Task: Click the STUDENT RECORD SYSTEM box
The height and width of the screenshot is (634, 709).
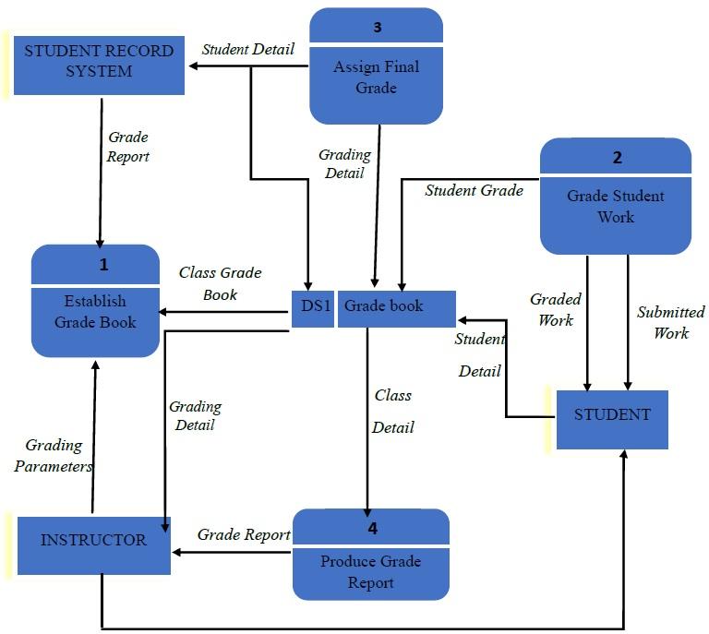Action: coord(99,62)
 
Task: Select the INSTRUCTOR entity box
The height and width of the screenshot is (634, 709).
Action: coord(93,541)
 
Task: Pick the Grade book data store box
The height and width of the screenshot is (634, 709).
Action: coord(396,306)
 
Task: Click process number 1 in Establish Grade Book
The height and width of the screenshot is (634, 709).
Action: coord(104,265)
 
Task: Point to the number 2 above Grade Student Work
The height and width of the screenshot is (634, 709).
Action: coord(617,158)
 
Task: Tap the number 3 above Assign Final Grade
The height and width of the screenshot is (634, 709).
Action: coord(377,28)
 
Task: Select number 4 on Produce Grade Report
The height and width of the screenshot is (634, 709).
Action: coord(372,529)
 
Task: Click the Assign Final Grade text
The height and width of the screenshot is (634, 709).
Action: coord(376,78)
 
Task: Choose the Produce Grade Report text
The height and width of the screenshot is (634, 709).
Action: coord(371,572)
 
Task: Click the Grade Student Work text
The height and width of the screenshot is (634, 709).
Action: coord(615,207)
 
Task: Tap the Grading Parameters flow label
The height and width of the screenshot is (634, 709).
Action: coord(54,456)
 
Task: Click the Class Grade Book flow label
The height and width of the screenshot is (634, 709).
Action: coord(221,283)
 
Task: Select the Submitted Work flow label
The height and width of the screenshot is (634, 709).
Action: coord(670,322)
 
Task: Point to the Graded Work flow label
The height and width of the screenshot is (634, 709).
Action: coord(556,310)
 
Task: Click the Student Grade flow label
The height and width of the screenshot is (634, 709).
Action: coord(474,191)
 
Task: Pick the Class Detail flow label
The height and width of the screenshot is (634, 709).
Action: coord(393,411)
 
